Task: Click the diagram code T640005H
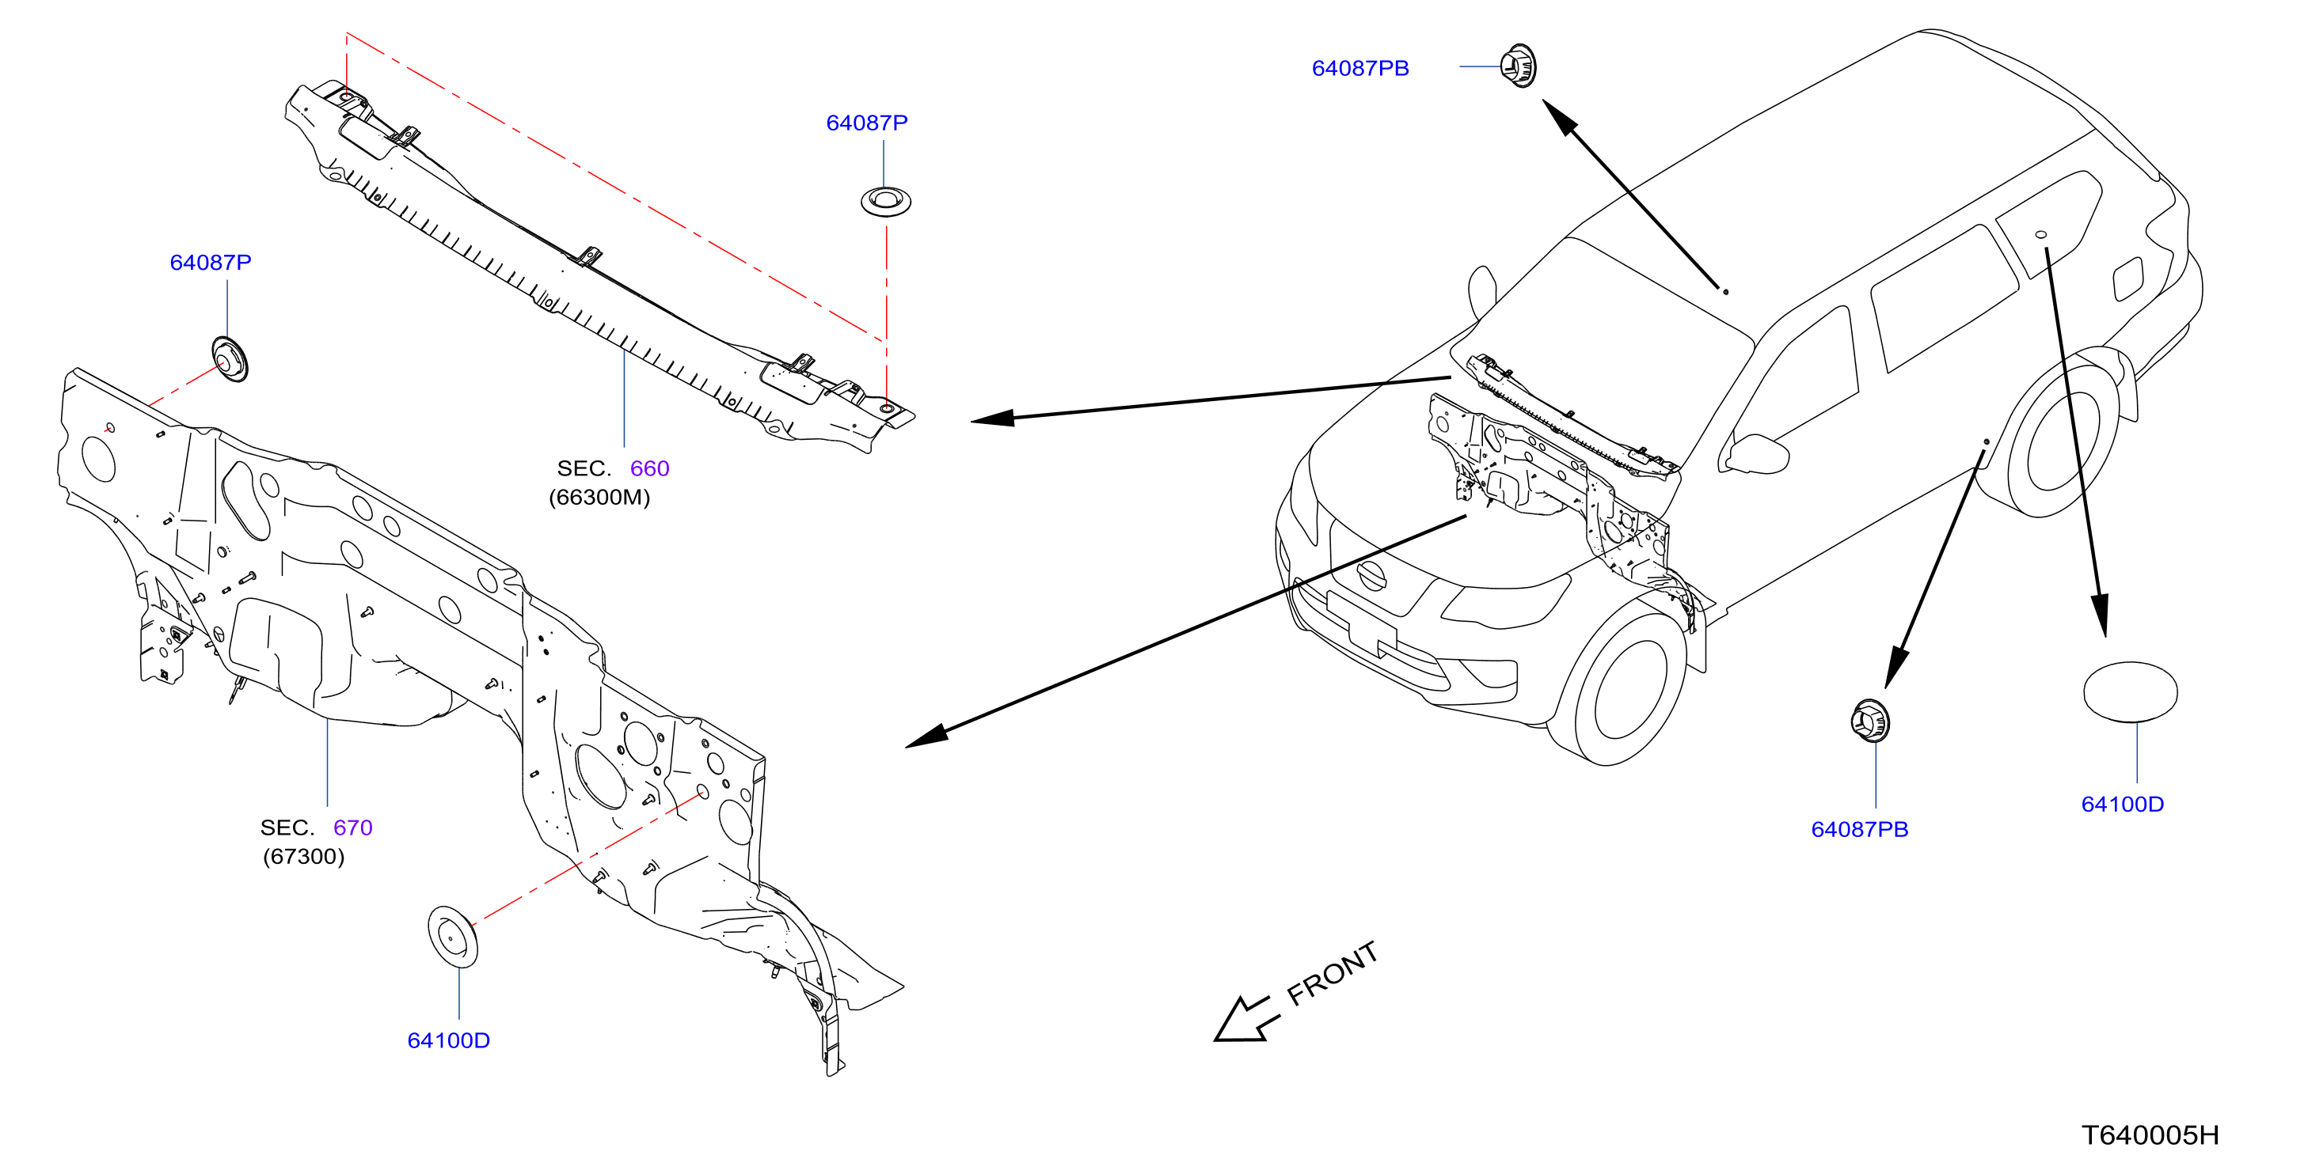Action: [2150, 1135]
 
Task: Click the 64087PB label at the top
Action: [1360, 68]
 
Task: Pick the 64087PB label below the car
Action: [1860, 829]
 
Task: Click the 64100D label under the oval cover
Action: [2123, 805]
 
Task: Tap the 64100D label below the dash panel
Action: [449, 1040]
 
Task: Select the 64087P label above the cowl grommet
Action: [867, 123]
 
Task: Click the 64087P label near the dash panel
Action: [211, 263]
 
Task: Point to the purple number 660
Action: [649, 468]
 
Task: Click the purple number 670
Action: [353, 827]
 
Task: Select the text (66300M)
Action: [599, 497]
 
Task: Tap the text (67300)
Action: [304, 856]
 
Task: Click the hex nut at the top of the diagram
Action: [1519, 66]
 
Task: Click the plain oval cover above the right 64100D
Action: [2131, 691]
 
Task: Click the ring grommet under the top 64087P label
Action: [886, 202]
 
